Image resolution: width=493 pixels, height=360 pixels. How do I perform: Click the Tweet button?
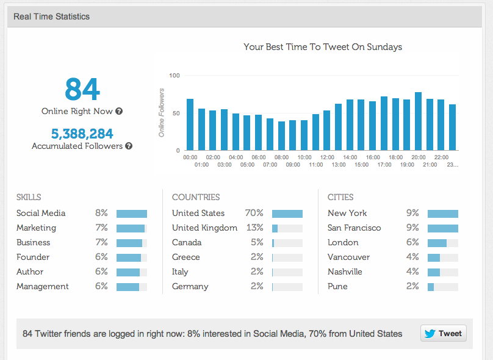(x=443, y=333)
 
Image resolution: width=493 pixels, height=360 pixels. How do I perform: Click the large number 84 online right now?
(x=82, y=89)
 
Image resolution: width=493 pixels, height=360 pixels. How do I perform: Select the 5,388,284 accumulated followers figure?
(x=82, y=134)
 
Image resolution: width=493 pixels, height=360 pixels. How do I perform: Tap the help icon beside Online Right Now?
(x=119, y=112)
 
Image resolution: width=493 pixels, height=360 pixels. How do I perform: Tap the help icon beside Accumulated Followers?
(x=129, y=146)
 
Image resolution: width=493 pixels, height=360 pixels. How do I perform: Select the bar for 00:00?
(x=190, y=124)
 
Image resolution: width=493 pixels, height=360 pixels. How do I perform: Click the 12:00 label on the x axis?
(x=326, y=157)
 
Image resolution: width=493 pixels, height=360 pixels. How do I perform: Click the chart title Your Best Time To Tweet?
(x=323, y=47)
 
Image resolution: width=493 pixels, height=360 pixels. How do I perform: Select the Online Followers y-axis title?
(x=162, y=112)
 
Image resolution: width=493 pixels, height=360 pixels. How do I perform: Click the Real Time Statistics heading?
(x=51, y=16)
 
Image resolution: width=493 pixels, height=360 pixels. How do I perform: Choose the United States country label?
(x=198, y=214)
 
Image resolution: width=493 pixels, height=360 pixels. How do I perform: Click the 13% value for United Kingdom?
(x=254, y=228)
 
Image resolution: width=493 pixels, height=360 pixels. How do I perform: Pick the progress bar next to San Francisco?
(x=442, y=228)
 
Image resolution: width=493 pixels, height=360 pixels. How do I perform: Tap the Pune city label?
(x=337, y=287)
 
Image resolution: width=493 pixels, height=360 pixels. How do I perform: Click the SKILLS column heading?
(x=29, y=198)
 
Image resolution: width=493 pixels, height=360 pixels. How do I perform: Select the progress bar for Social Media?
(x=132, y=214)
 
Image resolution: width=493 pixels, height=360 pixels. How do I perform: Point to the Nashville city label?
(x=345, y=272)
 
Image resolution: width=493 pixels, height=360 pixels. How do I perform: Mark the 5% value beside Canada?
(x=256, y=243)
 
